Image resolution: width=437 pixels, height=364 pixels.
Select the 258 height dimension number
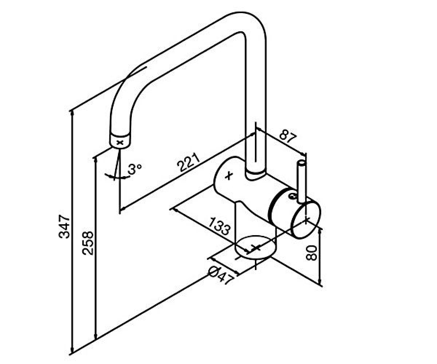(87, 243)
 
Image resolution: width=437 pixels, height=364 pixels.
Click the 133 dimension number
(220, 226)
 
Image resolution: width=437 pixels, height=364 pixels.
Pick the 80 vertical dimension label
(311, 253)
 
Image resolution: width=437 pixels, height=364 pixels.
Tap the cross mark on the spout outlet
(120, 143)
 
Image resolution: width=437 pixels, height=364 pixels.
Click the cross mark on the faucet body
(229, 175)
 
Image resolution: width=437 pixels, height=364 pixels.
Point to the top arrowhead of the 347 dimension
(72, 113)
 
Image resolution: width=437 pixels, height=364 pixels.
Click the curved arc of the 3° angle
(117, 177)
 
